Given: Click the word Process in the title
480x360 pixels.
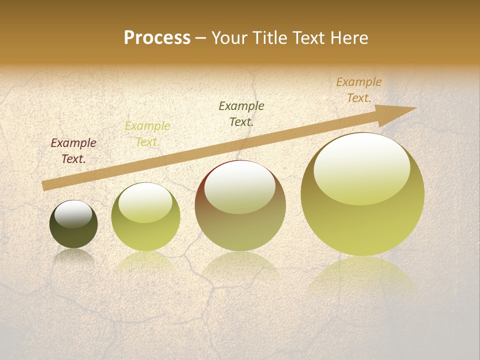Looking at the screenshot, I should (157, 38).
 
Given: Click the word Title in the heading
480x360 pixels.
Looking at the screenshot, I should (270, 38).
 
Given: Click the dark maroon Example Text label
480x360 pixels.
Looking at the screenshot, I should (73, 151).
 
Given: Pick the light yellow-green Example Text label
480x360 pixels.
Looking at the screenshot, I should (147, 134).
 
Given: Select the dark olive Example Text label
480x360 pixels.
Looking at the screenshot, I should (241, 113).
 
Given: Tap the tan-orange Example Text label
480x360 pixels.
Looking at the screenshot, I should (358, 90).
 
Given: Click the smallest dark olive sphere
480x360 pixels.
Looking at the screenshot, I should (73, 235).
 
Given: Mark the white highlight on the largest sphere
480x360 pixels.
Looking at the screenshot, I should (361, 167).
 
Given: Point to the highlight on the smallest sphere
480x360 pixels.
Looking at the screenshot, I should (73, 213).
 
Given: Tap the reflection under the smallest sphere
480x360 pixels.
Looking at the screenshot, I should (73, 256).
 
